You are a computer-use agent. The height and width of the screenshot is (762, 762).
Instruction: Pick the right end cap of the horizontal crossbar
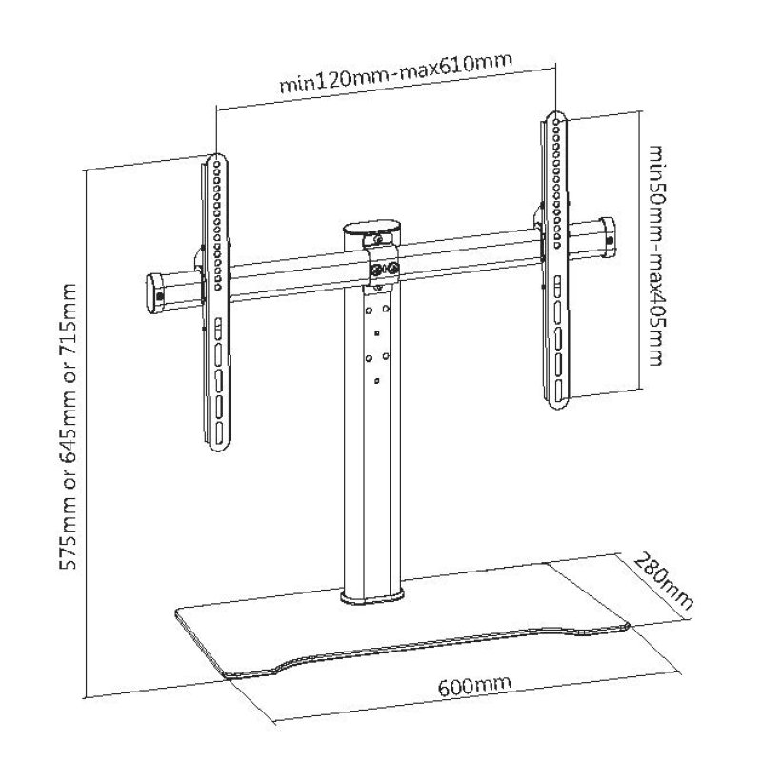(x=605, y=236)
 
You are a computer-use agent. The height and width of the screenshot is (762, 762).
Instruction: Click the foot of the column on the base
(x=373, y=597)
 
